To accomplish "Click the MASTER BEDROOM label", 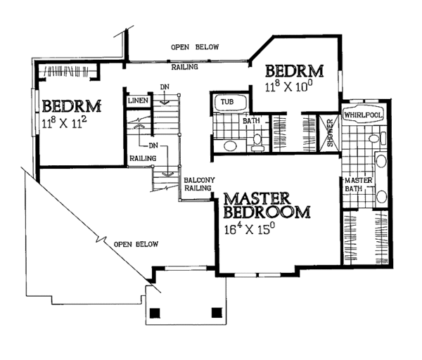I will (x=267, y=204).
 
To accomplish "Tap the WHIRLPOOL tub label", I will (x=362, y=114).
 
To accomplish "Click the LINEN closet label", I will (x=137, y=102).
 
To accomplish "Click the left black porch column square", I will (x=155, y=313).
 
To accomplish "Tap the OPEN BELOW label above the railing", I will (x=195, y=47).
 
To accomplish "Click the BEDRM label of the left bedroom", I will (x=72, y=107).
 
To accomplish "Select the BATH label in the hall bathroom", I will (x=251, y=121).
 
